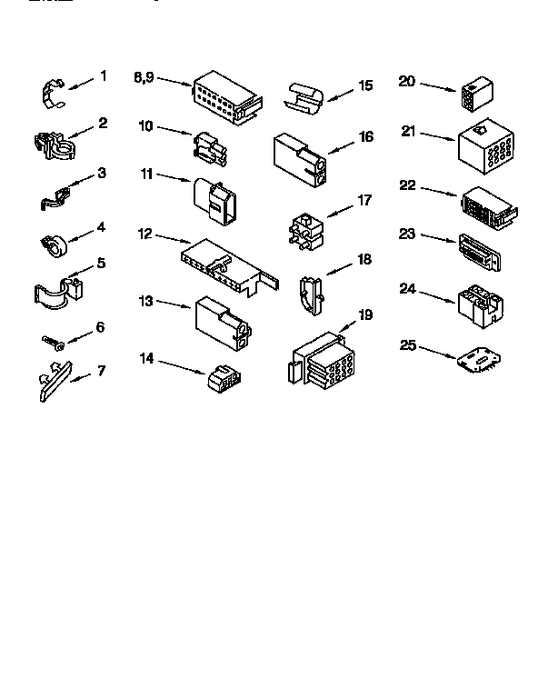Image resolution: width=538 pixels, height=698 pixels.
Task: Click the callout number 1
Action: [103, 76]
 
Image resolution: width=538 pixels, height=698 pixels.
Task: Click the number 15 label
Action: [365, 86]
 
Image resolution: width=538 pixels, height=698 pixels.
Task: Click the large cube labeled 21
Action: [486, 147]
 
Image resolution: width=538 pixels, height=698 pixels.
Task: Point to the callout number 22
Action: [407, 185]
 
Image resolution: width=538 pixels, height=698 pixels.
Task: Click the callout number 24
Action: [407, 289]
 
